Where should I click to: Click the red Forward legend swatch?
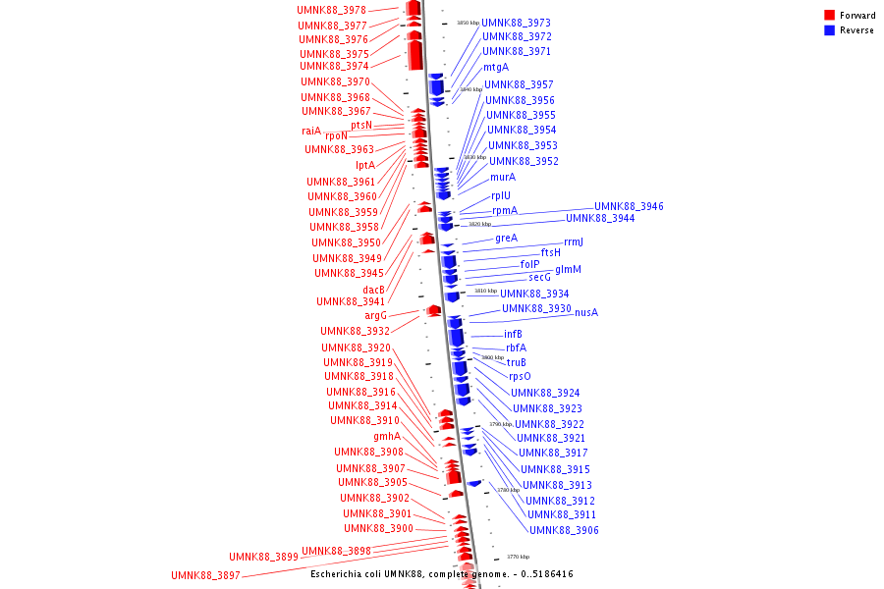829,16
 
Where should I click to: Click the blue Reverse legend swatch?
829,30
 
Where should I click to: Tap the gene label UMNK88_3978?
331,10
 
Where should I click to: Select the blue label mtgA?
495,68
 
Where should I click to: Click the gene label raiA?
311,131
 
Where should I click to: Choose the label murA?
502,177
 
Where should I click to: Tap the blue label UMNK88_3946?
629,206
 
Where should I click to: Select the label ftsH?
551,252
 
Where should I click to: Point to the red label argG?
376,315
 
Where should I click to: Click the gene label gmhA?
387,436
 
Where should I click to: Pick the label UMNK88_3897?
205,575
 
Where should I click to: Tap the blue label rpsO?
520,376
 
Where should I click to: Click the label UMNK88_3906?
564,530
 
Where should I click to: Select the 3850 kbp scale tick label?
468,22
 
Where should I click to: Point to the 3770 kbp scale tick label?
518,557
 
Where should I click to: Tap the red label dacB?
373,289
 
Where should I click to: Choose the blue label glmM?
568,269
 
